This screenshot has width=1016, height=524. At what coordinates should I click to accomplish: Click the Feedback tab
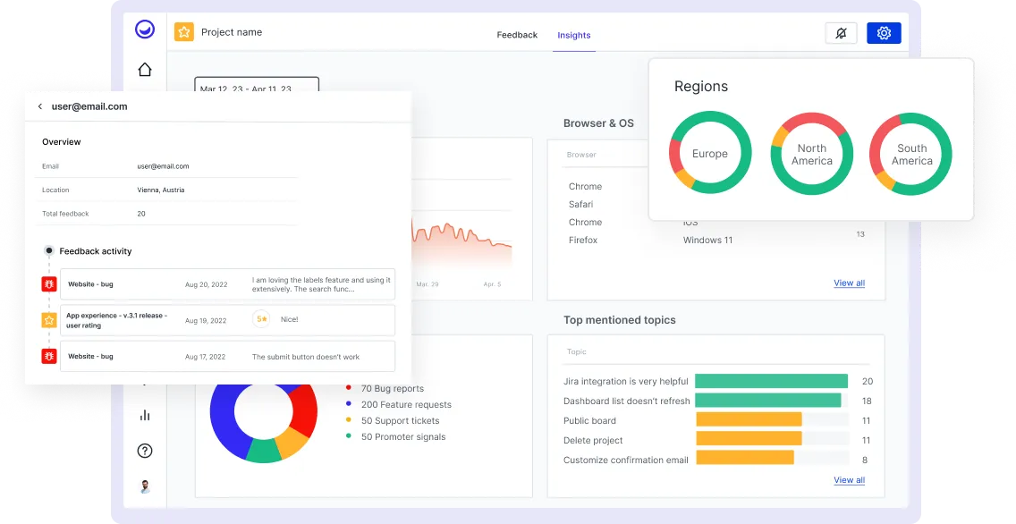pos(517,35)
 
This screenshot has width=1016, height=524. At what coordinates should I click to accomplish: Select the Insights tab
pos(573,35)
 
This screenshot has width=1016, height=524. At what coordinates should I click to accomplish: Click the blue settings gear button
pos(884,33)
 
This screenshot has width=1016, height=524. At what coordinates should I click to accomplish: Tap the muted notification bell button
pos(841,33)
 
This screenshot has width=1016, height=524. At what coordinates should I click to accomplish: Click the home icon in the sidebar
pos(145,70)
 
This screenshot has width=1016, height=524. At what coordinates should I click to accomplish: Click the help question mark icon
pos(145,451)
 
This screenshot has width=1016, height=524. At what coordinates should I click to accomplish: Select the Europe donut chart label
pos(709,154)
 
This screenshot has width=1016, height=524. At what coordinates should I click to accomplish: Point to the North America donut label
pos(811,155)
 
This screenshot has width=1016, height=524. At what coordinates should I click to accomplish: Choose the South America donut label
pos(911,155)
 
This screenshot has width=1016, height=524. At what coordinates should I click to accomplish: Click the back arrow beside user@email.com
pos(40,106)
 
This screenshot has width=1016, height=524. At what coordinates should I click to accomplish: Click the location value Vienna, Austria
pos(161,190)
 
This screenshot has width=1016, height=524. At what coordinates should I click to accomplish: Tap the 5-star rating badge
pos(261,319)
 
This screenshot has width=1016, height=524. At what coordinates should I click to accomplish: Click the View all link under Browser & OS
pos(849,283)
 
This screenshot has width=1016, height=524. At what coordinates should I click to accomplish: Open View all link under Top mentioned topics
pos(849,480)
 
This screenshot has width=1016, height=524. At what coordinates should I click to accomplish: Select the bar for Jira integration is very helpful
pos(771,381)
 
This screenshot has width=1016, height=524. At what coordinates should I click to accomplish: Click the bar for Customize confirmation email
pos(744,458)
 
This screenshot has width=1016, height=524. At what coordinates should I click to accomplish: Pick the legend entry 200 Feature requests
pos(406,405)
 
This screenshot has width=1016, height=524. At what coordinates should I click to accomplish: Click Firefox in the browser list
pos(583,241)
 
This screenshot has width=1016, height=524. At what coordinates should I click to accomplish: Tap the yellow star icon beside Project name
pos(183,32)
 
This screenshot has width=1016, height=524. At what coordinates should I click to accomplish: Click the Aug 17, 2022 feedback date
pos(206,357)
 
